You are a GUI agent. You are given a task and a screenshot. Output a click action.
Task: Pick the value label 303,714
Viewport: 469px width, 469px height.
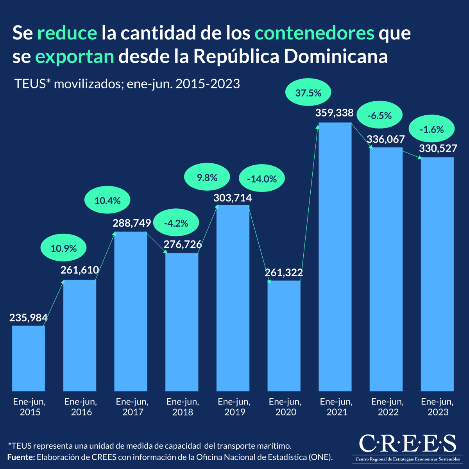(233, 198)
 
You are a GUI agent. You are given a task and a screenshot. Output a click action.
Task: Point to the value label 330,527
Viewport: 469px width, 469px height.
(438, 149)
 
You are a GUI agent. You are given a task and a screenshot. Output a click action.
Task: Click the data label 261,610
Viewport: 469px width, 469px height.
(80, 270)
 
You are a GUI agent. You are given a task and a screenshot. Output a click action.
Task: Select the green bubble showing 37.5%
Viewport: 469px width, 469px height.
(308, 93)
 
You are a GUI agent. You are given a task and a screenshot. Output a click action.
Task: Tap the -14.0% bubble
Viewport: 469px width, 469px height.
(262, 179)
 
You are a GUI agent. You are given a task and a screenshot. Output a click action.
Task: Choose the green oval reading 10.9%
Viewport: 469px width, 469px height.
(64, 248)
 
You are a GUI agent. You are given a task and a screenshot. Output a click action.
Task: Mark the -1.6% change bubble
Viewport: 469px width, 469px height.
(431, 129)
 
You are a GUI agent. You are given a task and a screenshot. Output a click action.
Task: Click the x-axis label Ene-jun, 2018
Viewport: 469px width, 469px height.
(183, 407)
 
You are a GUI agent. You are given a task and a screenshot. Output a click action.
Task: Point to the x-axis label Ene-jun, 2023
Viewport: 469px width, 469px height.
(437, 407)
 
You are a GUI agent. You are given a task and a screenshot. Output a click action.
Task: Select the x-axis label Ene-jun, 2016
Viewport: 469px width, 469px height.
(81, 407)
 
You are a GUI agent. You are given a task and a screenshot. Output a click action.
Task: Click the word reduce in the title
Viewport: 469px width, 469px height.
(67, 33)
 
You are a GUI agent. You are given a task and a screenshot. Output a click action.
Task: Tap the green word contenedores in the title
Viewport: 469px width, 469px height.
(314, 33)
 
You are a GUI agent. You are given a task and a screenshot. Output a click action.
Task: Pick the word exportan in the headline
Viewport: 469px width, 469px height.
(75, 57)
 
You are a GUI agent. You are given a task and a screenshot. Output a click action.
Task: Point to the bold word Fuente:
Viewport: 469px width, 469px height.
(21, 457)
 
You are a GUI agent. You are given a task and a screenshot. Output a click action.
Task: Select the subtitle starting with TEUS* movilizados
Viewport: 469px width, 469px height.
(127, 84)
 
